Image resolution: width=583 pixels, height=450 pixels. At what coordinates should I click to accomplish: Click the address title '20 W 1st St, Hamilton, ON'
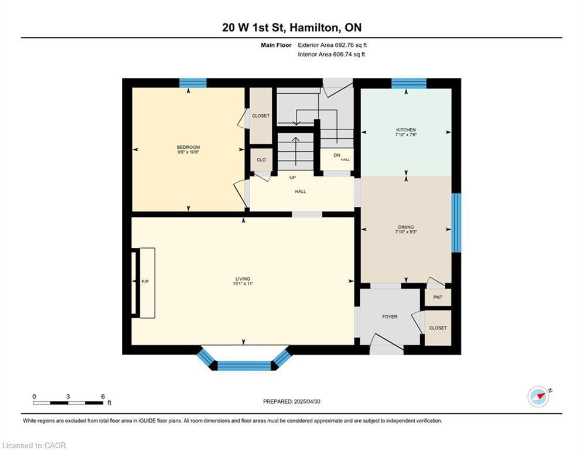(x=291, y=28)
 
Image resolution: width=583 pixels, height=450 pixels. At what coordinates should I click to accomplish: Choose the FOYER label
(x=390, y=317)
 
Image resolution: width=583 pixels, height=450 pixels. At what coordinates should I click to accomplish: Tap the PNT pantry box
(x=438, y=297)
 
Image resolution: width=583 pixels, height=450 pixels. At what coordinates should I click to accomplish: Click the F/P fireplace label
(x=145, y=282)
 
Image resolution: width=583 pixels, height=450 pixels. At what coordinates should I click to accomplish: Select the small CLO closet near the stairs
(x=261, y=159)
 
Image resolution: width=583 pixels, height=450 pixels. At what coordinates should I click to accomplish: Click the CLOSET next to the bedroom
(x=261, y=115)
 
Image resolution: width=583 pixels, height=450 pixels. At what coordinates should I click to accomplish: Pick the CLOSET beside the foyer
(x=438, y=328)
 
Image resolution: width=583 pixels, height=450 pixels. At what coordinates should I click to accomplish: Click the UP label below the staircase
(x=292, y=177)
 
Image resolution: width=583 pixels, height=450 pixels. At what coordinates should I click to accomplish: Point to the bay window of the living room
(x=244, y=364)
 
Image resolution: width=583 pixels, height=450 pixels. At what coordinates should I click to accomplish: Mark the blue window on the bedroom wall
(x=193, y=83)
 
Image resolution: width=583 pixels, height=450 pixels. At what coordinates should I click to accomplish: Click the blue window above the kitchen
(x=408, y=83)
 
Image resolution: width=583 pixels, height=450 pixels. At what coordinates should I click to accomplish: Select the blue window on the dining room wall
(x=456, y=223)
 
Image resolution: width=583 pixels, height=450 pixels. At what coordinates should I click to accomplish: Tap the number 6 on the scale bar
(x=103, y=396)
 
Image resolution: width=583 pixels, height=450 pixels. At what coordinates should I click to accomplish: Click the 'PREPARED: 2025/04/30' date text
(x=291, y=401)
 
